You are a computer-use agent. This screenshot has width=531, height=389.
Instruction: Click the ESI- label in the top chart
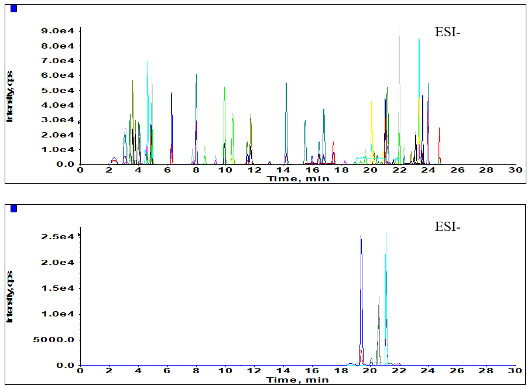tap(448, 33)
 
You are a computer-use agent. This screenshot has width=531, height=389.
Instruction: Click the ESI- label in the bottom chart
tap(448, 226)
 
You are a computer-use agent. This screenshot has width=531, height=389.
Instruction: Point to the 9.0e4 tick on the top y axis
tap(60, 31)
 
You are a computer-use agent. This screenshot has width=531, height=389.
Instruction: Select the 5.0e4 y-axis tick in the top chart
tap(60, 91)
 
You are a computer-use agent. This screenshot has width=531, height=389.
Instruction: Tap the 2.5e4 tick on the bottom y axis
tap(60, 237)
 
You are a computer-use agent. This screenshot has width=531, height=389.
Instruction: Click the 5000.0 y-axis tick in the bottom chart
tap(57, 340)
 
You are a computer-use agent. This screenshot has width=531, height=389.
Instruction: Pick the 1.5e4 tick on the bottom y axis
tap(60, 288)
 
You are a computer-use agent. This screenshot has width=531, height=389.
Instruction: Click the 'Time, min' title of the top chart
tap(298, 178)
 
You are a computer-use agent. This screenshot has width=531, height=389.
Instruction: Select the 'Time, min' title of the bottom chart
tap(298, 380)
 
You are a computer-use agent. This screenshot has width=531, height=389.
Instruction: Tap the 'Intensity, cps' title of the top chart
tap(10, 97)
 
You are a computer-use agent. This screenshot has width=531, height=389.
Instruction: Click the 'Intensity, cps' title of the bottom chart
tap(10, 297)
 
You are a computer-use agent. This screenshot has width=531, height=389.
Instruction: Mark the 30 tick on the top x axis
tap(515, 170)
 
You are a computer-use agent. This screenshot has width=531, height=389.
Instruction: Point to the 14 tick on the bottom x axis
tap(283, 371)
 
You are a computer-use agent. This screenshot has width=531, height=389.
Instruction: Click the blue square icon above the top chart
tap(14, 8)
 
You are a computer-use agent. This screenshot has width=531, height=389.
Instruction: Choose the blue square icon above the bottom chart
tap(14, 208)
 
